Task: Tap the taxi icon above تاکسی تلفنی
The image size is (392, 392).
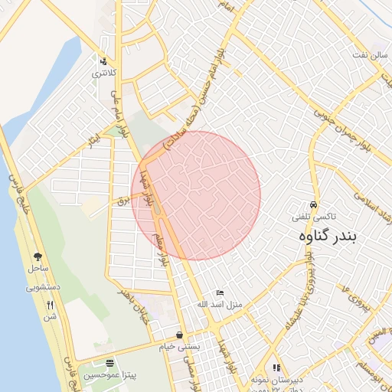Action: click(313, 205)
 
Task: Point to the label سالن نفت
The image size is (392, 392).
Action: click(364, 56)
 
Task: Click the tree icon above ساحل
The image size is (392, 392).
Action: click(38, 257)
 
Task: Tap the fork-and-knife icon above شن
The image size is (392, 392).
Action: click(50, 304)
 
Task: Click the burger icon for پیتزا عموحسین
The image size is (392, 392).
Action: click(110, 364)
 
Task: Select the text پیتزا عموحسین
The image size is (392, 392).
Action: click(110, 376)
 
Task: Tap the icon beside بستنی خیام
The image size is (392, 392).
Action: click(179, 335)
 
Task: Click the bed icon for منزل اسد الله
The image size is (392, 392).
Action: click(220, 292)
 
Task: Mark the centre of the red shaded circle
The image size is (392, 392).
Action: click(196, 195)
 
